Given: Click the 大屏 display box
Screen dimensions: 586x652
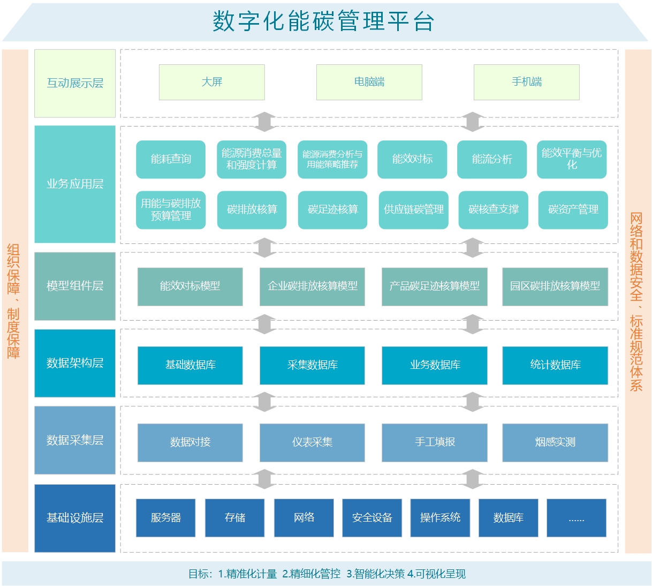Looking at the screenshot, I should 211,82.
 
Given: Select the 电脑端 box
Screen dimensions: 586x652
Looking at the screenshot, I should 369,82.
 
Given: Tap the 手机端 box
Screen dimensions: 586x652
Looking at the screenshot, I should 526,82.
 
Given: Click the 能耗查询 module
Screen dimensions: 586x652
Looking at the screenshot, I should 171,159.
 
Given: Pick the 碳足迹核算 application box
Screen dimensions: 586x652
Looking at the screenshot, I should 332,210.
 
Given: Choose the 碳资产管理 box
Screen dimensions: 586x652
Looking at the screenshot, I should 573,210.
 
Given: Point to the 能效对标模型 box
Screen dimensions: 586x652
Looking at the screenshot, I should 190,286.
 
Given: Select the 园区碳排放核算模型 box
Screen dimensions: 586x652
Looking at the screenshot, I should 555,286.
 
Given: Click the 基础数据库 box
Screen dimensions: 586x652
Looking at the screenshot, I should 190,365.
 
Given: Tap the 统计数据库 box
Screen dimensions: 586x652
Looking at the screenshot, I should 555,365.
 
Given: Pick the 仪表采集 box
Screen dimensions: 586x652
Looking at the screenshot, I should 312,442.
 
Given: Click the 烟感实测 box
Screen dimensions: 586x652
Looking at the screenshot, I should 555,442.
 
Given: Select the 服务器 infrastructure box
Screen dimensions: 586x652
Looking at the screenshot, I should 165,518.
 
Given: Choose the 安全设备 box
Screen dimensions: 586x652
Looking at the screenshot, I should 372,518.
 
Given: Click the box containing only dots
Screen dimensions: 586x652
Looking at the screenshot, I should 576,518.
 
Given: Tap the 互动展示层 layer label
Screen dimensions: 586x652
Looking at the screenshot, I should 75,83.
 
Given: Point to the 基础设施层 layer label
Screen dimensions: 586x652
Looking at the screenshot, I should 75,518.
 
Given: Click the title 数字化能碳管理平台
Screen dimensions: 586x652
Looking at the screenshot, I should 324,22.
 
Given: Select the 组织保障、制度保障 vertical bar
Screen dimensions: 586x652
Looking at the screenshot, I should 14,300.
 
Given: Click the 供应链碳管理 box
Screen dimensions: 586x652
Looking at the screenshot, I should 413,210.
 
